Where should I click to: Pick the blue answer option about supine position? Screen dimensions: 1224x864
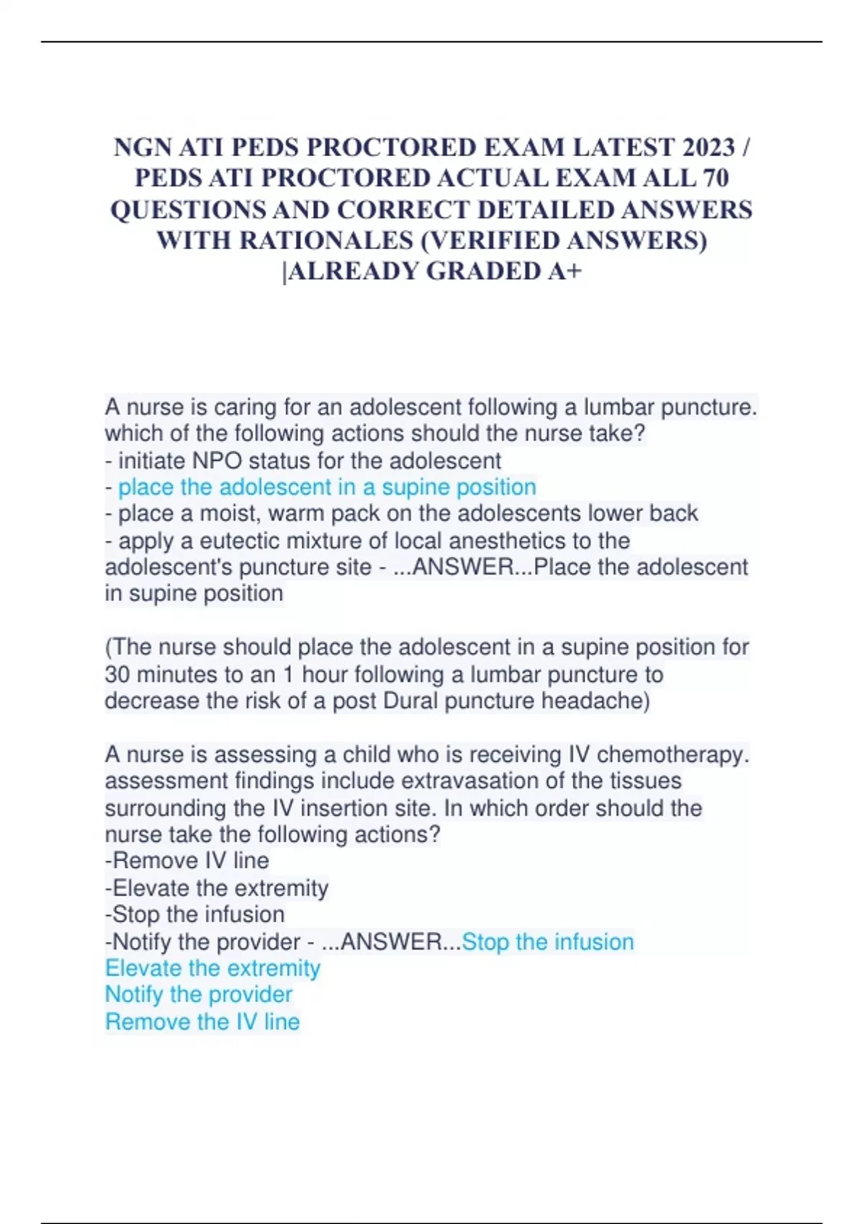pos(327,487)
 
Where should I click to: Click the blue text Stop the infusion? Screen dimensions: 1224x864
pos(548,942)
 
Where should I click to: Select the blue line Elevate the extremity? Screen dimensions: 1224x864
pos(212,968)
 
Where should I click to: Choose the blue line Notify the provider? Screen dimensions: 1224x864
pos(199,995)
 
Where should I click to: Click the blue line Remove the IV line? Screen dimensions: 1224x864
pos(202,1022)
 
